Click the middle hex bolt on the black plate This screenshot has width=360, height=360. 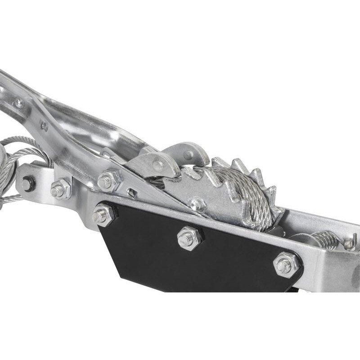189,238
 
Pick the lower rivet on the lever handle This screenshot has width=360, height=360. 45,126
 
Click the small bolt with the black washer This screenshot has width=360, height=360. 28,183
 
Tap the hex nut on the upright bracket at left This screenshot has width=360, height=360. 60,189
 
